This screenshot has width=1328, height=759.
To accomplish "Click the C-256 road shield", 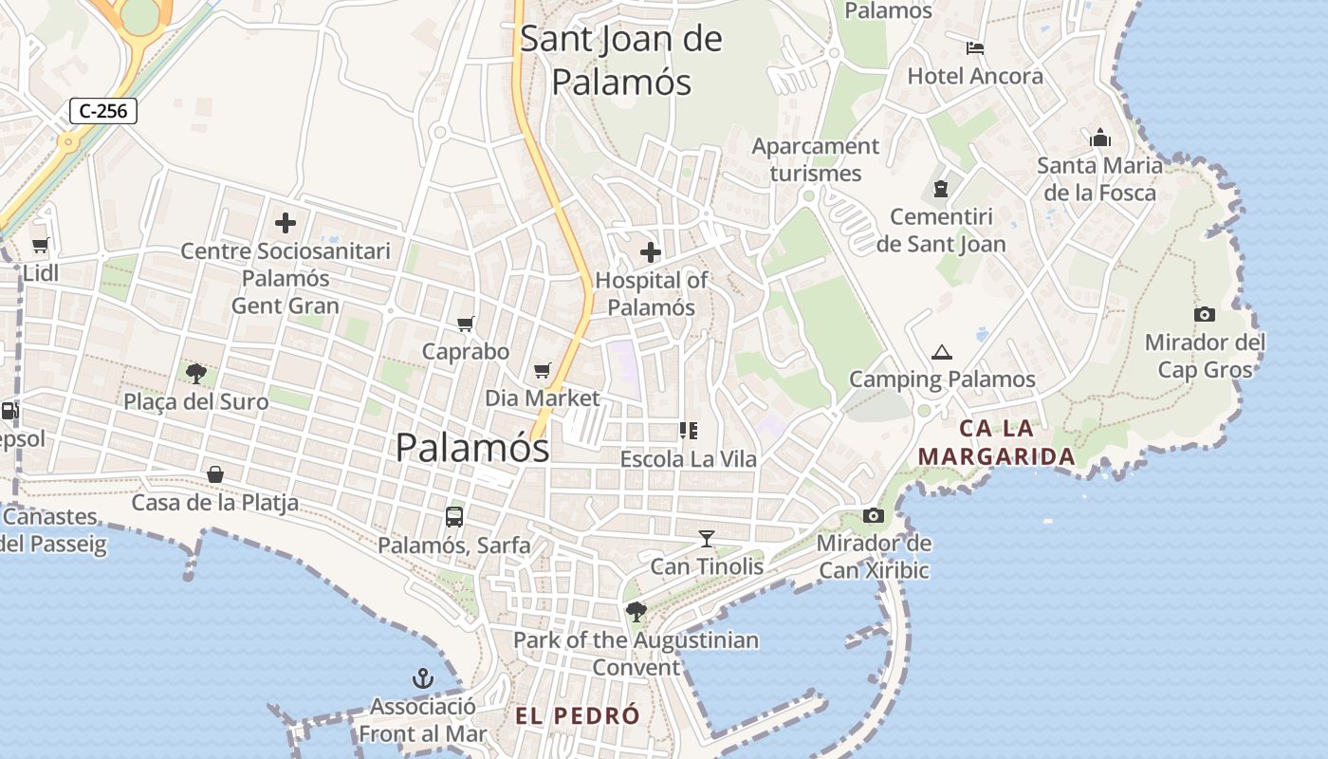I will tap(103, 111).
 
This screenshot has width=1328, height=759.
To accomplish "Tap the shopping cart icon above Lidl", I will tap(40, 246).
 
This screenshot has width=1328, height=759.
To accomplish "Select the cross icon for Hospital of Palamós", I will tap(651, 252).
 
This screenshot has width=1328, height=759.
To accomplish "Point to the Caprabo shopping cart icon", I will tap(465, 324).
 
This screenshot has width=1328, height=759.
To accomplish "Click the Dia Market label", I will tap(543, 398).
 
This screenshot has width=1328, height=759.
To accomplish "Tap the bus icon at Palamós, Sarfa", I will tap(454, 517).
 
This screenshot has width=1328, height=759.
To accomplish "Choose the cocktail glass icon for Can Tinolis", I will tap(707, 539).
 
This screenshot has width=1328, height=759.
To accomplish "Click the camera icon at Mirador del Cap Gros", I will tap(1205, 314).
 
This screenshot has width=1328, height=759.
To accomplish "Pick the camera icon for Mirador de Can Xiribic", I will tap(874, 515).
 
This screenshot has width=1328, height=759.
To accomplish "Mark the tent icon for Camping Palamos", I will tap(941, 352).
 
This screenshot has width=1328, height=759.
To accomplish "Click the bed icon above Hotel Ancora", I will tap(975, 48).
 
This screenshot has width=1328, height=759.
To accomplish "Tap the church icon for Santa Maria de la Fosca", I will tap(1100, 138).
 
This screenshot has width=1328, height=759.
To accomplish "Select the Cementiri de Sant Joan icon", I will tap(941, 189).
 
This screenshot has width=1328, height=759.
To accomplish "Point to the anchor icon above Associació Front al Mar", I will tap(422, 678).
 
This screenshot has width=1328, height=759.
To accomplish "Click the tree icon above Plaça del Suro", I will tap(196, 373).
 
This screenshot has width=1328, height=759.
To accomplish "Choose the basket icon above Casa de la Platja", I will tap(215, 474).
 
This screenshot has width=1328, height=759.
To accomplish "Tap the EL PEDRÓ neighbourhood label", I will tap(578, 716).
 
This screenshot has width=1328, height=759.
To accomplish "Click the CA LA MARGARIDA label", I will tap(997, 443).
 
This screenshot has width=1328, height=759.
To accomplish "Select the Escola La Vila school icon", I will tap(689, 431).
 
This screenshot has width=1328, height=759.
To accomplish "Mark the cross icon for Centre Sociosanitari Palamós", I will tap(286, 224).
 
